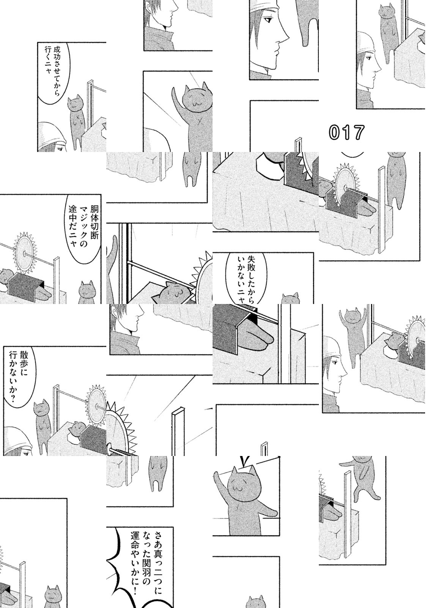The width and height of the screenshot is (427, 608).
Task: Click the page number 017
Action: [346, 133]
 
